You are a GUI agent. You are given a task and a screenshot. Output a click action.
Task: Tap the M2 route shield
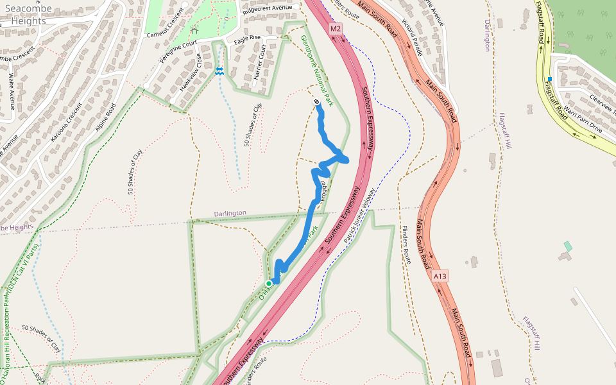tap(336, 29)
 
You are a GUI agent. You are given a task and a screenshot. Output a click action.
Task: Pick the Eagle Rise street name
tap(248, 38)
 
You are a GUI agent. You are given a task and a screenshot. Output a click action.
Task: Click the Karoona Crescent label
tap(64, 121)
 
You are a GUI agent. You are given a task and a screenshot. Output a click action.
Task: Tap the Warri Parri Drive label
tap(583, 121)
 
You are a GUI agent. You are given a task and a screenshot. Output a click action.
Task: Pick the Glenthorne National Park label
tap(318, 71)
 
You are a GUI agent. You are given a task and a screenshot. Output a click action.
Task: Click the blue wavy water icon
tap(219, 71)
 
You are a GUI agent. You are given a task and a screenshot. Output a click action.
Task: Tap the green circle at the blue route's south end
tap(269, 283)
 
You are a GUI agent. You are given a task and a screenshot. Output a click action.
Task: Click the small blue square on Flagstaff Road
tap(550, 79)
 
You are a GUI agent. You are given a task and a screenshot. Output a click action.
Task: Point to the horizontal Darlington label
tap(230, 213)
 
